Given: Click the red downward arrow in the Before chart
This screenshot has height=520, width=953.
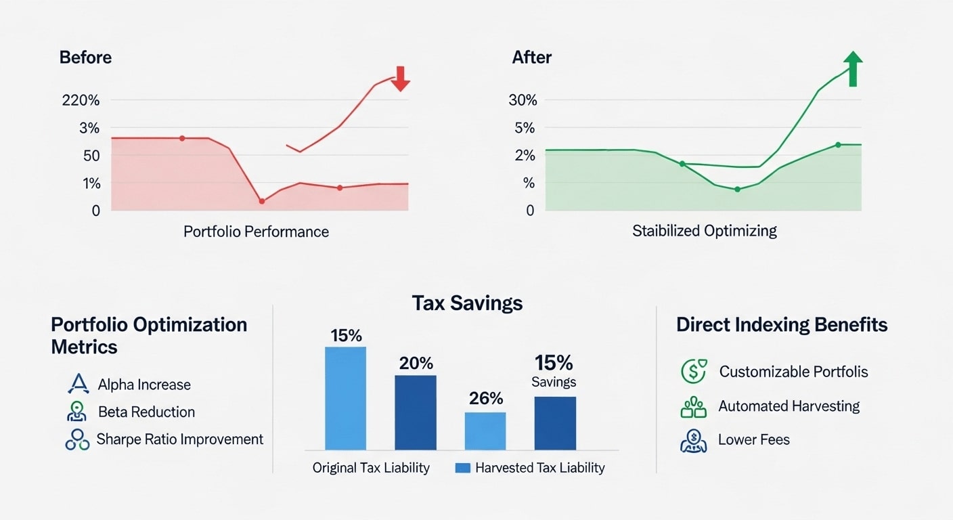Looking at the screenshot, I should [401, 79].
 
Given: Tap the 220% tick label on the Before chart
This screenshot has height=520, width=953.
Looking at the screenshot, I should [81, 100].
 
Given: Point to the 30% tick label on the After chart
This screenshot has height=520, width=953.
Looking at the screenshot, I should [523, 100].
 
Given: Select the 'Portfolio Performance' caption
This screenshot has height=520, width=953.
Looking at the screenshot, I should [256, 232].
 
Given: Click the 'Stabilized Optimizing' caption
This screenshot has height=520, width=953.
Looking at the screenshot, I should [704, 231].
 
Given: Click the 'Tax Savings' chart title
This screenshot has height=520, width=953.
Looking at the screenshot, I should [467, 303].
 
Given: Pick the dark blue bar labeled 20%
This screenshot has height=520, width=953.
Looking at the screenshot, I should [416, 412].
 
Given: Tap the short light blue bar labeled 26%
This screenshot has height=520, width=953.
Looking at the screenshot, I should [485, 431].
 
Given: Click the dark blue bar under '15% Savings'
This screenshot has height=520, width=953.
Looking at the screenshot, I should [555, 423].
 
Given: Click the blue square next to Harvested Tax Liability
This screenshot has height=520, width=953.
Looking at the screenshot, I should [462, 468].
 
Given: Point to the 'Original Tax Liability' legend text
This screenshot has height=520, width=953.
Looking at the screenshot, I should [371, 468].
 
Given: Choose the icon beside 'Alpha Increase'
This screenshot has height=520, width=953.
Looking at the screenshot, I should [79, 385].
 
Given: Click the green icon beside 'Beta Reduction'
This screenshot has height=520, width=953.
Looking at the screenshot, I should [77, 412].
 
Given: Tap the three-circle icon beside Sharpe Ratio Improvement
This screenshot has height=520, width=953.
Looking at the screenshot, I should [77, 439].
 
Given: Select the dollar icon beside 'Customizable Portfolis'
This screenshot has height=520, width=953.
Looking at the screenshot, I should [693, 371].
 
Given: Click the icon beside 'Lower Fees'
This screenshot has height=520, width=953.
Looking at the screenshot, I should [693, 440].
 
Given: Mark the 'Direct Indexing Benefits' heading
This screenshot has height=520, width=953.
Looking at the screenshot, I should [782, 324].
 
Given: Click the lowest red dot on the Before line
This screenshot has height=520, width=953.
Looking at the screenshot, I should [262, 201].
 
